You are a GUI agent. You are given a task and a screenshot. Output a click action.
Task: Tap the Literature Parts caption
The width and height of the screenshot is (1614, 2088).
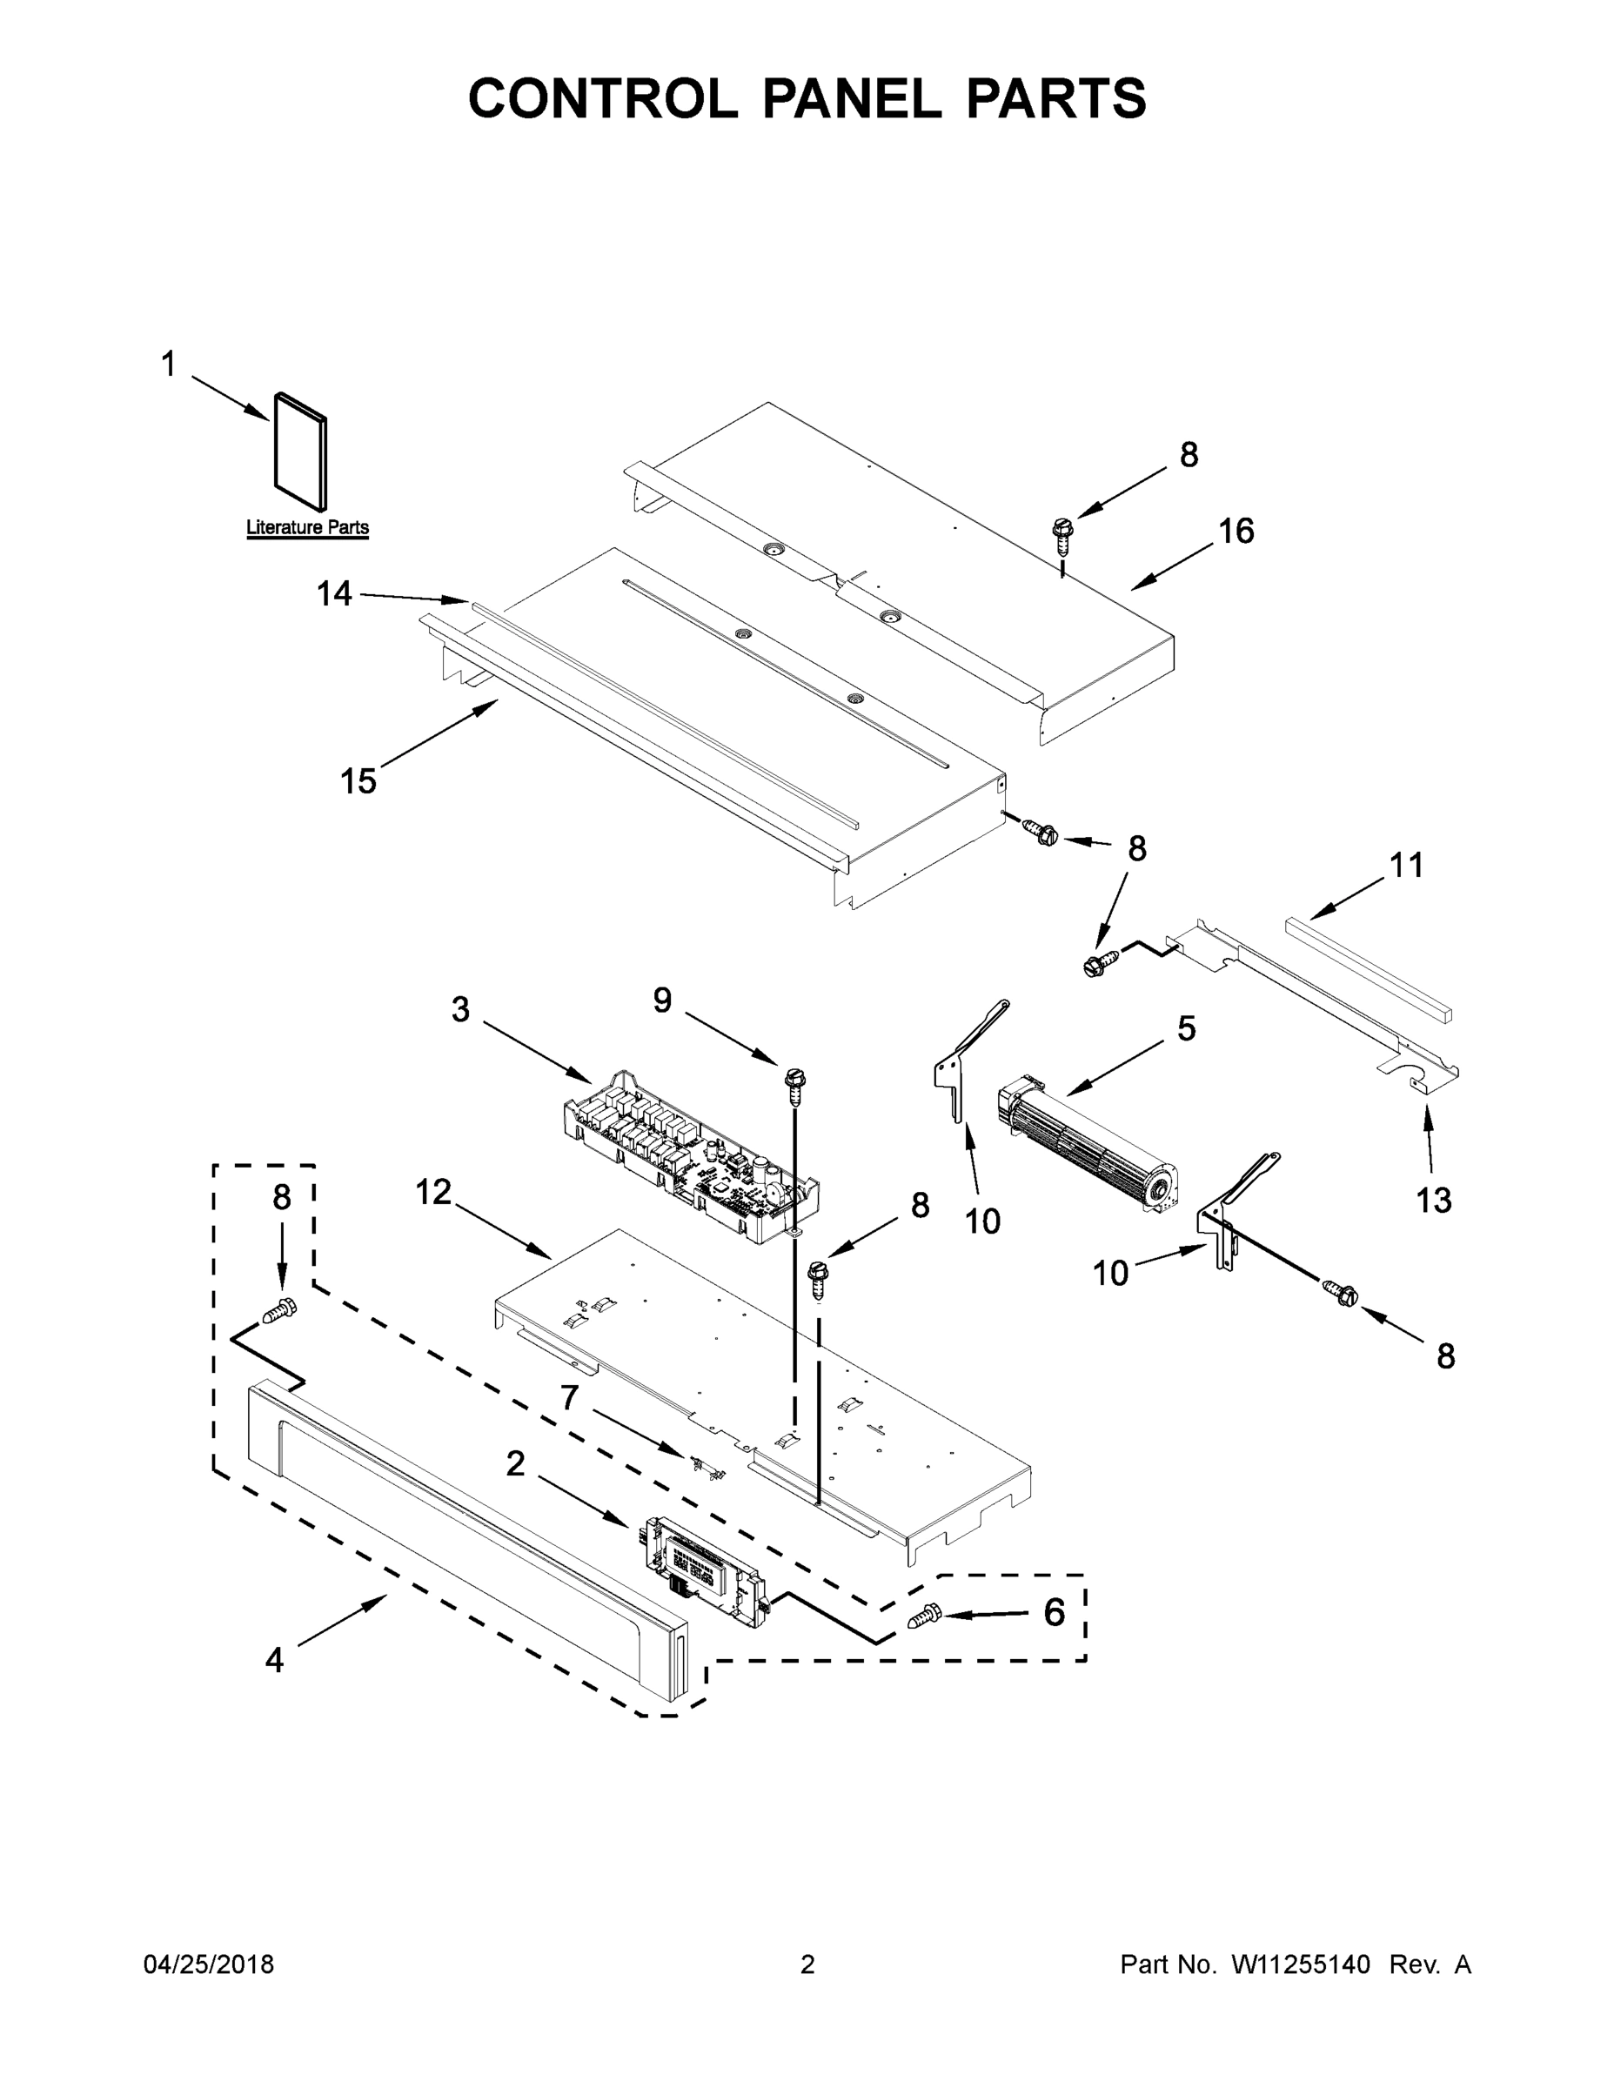click(307, 526)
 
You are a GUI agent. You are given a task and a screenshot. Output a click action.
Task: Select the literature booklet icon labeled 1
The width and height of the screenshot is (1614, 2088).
click(299, 452)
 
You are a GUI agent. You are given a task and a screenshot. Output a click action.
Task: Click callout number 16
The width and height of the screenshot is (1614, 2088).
click(1236, 531)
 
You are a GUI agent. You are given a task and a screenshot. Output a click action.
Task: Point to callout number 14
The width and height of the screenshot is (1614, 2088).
click(334, 595)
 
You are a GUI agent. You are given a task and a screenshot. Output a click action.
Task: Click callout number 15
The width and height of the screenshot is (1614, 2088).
click(358, 781)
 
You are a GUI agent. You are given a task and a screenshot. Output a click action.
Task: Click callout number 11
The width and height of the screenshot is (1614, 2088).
click(1405, 866)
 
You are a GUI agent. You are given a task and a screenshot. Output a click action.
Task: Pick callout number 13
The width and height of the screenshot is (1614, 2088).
click(1432, 1200)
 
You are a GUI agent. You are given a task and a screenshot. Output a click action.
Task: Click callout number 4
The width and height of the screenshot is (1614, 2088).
click(274, 1661)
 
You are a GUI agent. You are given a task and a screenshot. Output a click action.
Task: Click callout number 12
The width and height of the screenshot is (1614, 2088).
click(433, 1192)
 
